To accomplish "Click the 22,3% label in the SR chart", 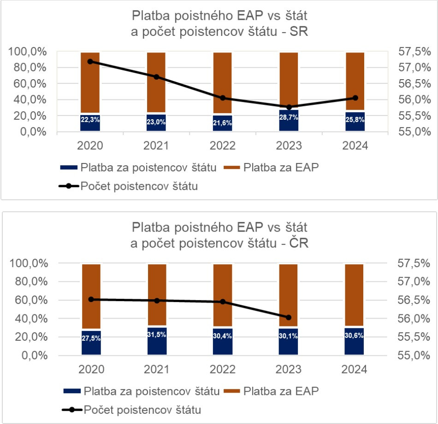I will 90,119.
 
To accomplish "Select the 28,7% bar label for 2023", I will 289,118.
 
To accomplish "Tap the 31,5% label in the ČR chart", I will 157,334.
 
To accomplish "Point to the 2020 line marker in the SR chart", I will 90,61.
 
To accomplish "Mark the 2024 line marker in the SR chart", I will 355,98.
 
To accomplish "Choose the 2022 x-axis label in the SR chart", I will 223,146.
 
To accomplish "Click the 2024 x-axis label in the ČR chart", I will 355,370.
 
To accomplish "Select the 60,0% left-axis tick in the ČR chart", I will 28,300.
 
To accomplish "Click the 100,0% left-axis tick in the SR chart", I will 28,52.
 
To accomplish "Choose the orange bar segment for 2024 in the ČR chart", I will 354,295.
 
